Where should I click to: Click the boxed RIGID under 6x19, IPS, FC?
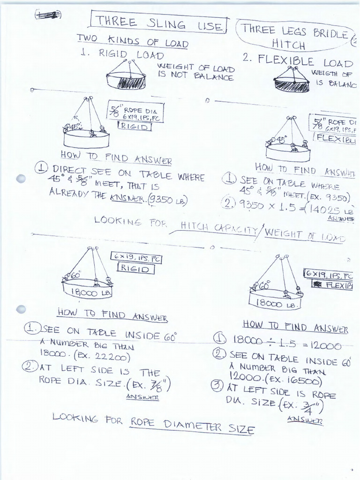tap(135, 269)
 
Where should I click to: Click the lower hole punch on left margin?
tap(21, 309)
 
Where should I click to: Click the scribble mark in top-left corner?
tap(48, 15)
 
